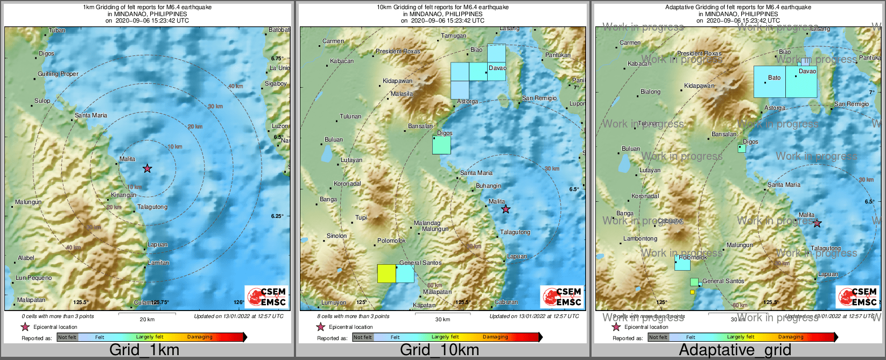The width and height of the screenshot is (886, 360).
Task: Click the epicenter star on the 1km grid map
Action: (147, 168)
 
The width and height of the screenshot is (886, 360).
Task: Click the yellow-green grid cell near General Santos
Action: (386, 273)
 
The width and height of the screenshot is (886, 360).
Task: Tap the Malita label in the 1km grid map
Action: (128, 159)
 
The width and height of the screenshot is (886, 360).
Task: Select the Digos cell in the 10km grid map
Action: (441, 145)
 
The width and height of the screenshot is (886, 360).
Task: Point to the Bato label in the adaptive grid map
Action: (774, 77)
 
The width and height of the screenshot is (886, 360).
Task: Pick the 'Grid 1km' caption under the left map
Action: (144, 350)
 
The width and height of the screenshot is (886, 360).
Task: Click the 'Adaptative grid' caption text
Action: (735, 350)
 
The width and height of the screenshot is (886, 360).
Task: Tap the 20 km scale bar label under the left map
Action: (147, 319)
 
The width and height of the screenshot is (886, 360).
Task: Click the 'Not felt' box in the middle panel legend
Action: (363, 337)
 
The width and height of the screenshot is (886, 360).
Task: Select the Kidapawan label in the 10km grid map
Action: (397, 81)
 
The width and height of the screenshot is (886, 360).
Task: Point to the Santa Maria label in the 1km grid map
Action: (91, 115)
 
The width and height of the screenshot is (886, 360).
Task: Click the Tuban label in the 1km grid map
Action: (57, 30)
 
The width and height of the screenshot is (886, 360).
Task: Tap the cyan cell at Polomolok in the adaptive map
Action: (682, 263)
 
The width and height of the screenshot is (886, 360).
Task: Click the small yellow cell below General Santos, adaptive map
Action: (692, 292)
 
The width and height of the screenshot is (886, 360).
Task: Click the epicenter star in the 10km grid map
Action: (505, 209)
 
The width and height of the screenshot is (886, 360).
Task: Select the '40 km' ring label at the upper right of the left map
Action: (235, 86)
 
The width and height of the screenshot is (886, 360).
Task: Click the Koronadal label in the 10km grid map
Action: (347, 183)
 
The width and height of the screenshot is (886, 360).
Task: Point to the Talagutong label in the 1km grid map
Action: (152, 207)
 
